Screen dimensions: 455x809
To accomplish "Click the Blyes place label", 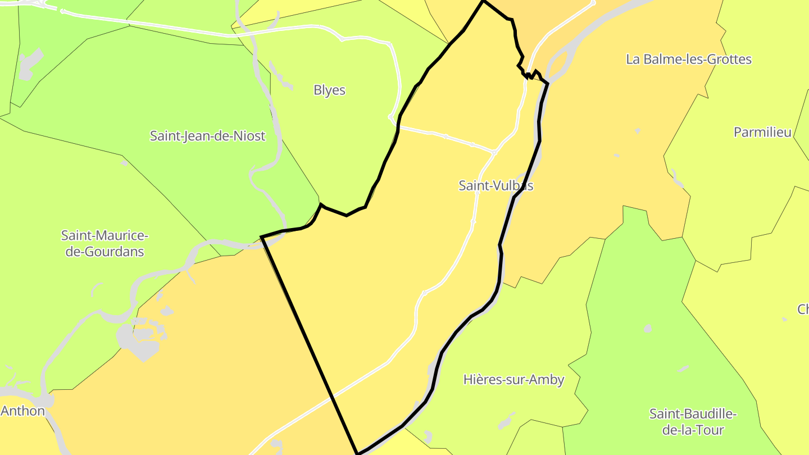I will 329,90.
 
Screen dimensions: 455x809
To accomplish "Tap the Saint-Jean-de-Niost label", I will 207,136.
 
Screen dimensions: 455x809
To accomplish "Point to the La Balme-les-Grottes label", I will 688,60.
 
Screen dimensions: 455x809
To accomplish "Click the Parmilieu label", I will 762,133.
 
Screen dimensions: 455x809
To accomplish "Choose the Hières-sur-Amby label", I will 513,380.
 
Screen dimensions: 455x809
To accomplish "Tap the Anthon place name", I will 22,411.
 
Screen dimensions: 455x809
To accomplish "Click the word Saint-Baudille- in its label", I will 692,415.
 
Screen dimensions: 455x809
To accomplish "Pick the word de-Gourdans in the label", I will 104,252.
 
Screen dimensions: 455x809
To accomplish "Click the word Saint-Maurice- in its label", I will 104,235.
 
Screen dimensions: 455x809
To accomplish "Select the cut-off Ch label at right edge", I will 803,310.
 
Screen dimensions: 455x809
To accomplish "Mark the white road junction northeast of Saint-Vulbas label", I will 494,152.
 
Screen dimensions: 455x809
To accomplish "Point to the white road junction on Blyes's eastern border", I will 390,117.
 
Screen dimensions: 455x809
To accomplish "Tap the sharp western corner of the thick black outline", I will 262,238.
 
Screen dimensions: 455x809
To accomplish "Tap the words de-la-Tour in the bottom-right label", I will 692,431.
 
